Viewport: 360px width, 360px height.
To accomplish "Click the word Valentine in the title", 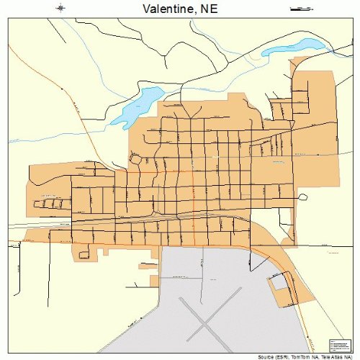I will tap(163, 9).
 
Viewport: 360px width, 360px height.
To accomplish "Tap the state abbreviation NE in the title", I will tap(208, 9).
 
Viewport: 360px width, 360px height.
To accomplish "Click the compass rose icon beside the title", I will tap(61, 8).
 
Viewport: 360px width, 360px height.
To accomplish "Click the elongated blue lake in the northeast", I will tap(292, 47).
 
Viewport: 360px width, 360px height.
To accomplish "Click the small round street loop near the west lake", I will tap(134, 157).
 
